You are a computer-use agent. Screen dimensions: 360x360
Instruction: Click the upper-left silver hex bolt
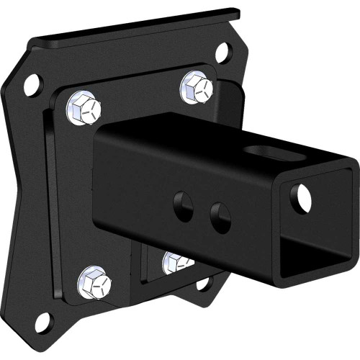(x=84, y=108)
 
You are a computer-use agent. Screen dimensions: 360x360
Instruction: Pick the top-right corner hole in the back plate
(x=222, y=52)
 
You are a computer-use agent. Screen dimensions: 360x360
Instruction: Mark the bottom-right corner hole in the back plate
(x=204, y=283)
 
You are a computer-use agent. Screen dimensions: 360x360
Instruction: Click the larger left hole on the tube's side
(x=182, y=207)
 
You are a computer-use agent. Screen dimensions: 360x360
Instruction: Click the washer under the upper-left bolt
(x=73, y=114)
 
